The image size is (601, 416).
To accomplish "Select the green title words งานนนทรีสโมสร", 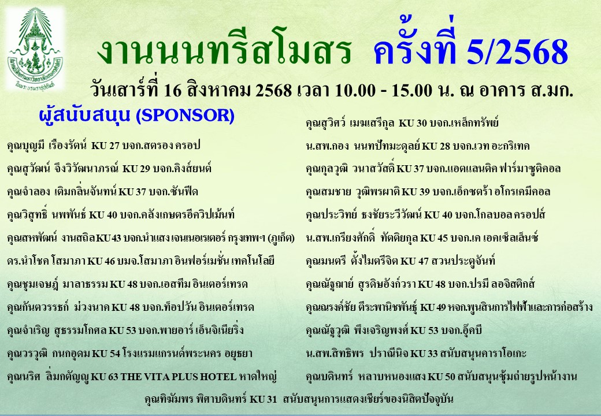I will pyautogui.click(x=224, y=53).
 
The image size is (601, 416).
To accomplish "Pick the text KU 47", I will pyautogui.click(x=417, y=261).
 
